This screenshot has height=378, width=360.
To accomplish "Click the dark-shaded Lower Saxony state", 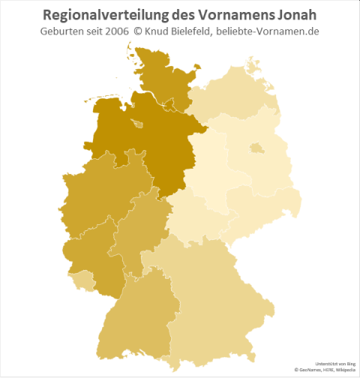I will [x=142, y=142].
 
